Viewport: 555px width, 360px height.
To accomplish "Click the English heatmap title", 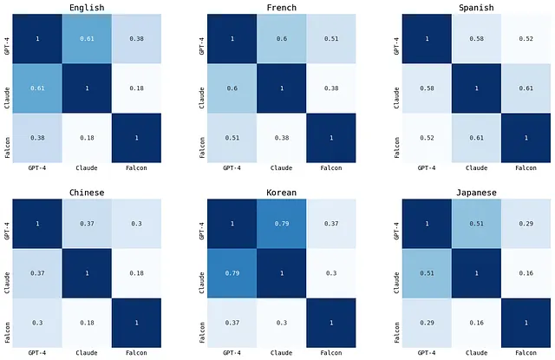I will pos(86,8).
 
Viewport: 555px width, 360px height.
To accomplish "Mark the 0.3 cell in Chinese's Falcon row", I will pos(36,323).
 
